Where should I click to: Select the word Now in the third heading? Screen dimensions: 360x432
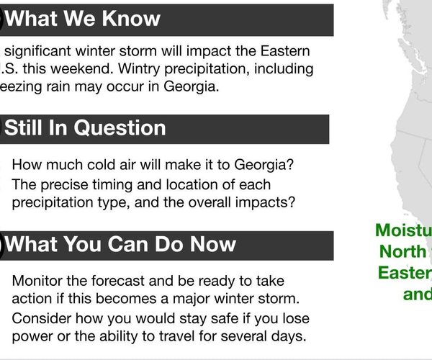210,244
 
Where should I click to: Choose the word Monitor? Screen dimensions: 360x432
36,280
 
